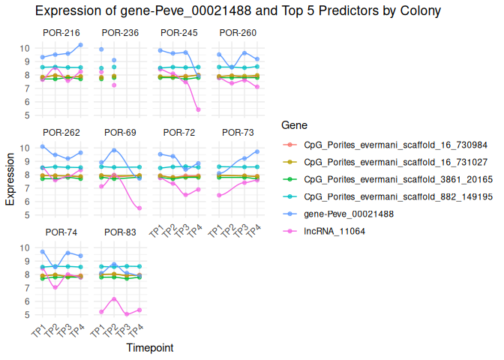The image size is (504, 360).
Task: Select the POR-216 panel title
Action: point(61,32)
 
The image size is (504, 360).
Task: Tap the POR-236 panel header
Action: point(120,32)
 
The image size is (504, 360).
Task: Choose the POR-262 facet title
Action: point(61,132)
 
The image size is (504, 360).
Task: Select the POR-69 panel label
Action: point(120,132)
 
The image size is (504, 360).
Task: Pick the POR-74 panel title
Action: point(61,232)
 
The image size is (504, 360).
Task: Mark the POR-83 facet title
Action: point(120,232)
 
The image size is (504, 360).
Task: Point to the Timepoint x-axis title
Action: point(150,348)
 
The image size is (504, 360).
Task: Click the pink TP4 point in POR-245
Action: point(198,109)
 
